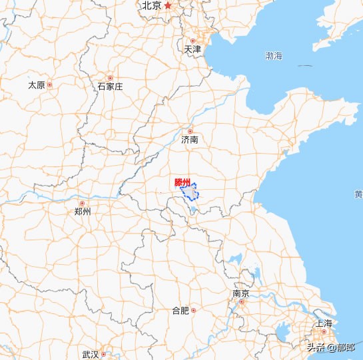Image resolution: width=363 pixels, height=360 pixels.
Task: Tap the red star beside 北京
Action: pyautogui.click(x=168, y=6)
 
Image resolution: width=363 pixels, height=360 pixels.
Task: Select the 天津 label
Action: pyautogui.click(x=192, y=49)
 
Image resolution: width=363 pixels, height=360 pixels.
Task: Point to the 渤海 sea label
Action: pyautogui.click(x=274, y=56)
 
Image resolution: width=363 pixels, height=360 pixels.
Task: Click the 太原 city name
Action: pyautogui.click(x=36, y=85)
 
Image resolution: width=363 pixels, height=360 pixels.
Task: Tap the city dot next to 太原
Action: pyautogui.click(x=49, y=85)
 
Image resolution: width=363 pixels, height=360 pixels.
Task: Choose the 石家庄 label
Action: pyautogui.click(x=110, y=87)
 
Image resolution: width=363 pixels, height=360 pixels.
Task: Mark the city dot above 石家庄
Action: pyautogui.click(x=110, y=78)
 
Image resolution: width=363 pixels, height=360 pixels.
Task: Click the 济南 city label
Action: pyautogui.click(x=190, y=140)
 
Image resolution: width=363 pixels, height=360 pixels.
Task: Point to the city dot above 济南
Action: pyautogui.click(x=190, y=131)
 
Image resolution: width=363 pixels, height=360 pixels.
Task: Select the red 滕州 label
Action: pyautogui.click(x=182, y=182)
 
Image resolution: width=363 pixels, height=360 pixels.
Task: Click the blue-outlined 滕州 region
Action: pyautogui.click(x=190, y=193)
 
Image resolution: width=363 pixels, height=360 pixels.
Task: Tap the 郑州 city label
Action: pyautogui.click(x=83, y=212)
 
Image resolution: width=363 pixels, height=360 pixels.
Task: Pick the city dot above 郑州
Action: pyautogui.click(x=83, y=204)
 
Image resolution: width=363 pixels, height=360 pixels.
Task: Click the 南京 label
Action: pyautogui.click(x=241, y=293)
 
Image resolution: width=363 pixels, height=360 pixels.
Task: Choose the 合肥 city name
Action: pyautogui.click(x=181, y=310)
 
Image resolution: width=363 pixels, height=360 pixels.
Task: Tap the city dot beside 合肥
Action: pyautogui.click(x=193, y=310)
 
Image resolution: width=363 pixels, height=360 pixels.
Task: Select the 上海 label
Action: pyautogui.click(x=324, y=323)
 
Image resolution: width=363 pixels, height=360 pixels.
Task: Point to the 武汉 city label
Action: pyautogui.click(x=90, y=354)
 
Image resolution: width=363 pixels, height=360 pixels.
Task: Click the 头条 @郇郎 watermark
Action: pyautogui.click(x=331, y=346)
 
